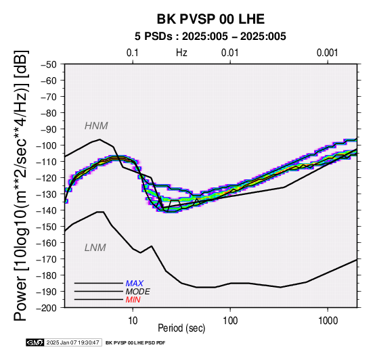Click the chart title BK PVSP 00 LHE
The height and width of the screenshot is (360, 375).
(x=211, y=19)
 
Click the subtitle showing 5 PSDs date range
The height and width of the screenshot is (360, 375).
(x=211, y=37)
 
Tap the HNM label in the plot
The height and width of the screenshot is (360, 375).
(x=96, y=126)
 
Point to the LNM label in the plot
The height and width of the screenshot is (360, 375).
(x=95, y=248)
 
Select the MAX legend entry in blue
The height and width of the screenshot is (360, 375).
(x=134, y=284)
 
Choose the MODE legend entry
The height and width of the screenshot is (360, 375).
(x=137, y=292)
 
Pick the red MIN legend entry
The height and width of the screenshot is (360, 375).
(x=133, y=300)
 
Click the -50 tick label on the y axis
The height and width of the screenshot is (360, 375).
(x=49, y=64)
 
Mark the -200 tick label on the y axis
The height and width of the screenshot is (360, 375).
(x=47, y=308)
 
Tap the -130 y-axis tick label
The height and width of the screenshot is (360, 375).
(x=47, y=194)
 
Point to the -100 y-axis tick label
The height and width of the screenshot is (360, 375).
(x=47, y=145)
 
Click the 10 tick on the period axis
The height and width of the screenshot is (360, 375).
(x=133, y=320)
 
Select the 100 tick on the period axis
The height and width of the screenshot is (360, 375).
(x=230, y=320)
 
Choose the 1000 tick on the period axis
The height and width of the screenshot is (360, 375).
(x=328, y=320)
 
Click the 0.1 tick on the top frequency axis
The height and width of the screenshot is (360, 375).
(x=133, y=53)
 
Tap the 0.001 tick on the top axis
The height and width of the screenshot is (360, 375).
(x=328, y=53)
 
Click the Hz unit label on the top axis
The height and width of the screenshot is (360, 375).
(x=181, y=53)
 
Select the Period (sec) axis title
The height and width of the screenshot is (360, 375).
(x=181, y=328)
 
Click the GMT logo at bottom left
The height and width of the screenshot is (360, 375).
(x=35, y=342)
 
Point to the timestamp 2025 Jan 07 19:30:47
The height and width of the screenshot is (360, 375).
(x=72, y=342)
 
